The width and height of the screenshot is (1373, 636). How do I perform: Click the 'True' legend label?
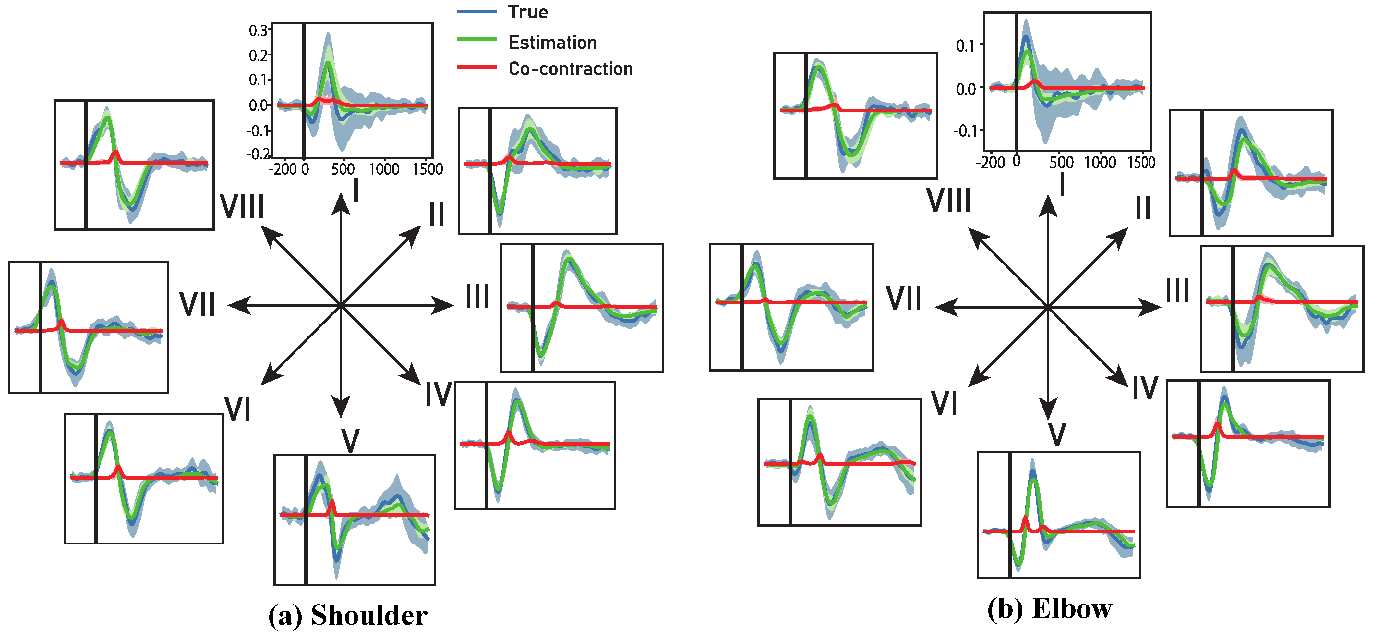[x=528, y=12]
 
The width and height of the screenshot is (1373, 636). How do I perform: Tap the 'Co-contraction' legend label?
[x=570, y=69]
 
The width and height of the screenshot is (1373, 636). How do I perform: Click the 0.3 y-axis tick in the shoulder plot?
[x=259, y=31]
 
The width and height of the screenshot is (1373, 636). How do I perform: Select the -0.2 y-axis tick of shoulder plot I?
[x=258, y=154]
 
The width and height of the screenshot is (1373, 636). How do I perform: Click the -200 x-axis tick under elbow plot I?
[x=990, y=162]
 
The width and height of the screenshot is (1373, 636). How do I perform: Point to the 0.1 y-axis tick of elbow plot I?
[x=966, y=46]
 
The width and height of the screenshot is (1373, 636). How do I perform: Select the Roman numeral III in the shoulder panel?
[x=477, y=296]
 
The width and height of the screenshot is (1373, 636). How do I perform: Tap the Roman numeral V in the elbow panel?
[x=1057, y=434]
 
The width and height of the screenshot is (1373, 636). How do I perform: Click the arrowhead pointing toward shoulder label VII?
[x=238, y=305]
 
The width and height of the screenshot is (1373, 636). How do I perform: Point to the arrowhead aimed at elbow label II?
[x=1119, y=236]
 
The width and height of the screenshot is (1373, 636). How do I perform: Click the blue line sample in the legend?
[x=477, y=12]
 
